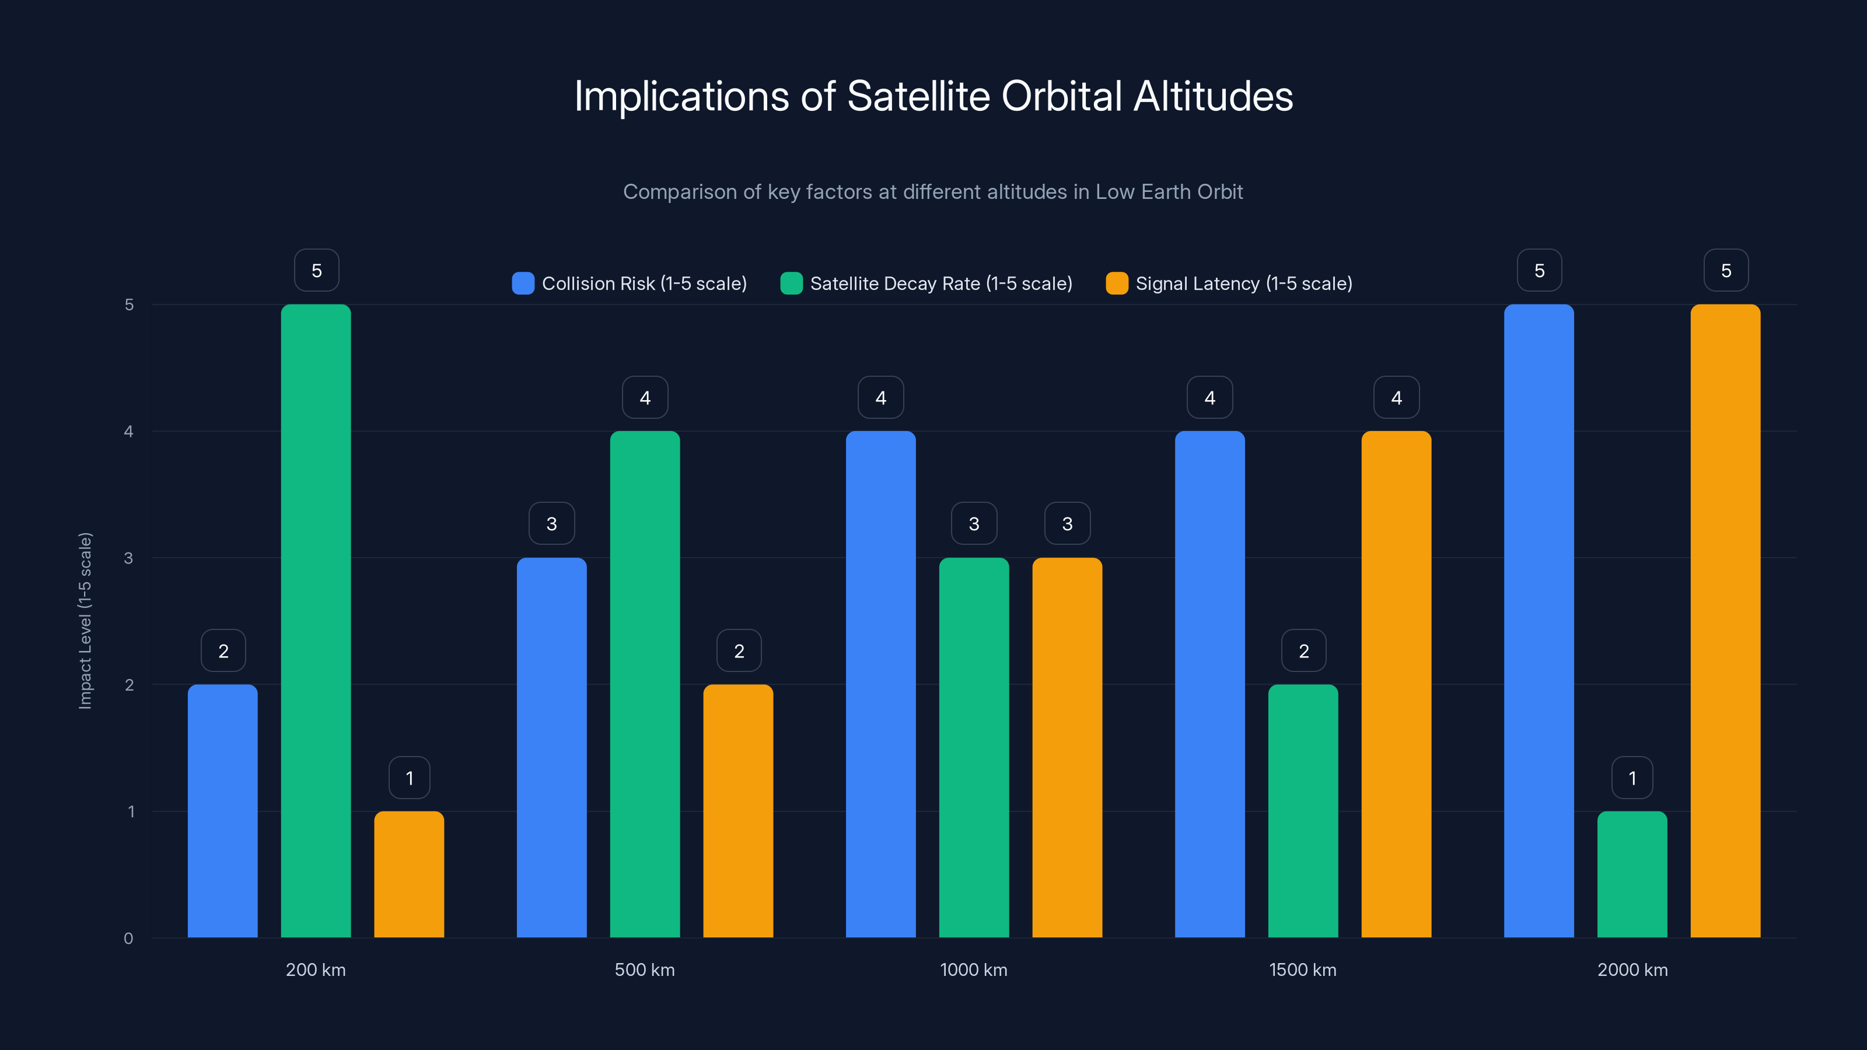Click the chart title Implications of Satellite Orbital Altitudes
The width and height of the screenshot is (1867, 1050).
click(x=934, y=96)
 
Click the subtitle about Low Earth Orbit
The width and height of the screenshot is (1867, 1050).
click(x=933, y=192)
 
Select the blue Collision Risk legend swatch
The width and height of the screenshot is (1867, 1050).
click(x=523, y=283)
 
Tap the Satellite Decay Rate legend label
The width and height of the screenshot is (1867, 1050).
click(x=941, y=283)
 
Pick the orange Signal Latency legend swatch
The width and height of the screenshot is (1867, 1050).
click(x=1117, y=283)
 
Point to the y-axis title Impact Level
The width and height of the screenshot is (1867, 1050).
click(x=86, y=621)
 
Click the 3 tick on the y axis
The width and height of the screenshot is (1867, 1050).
click(x=129, y=558)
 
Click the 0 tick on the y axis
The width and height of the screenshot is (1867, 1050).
click(x=129, y=939)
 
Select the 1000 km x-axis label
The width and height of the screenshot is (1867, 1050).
click(x=973, y=970)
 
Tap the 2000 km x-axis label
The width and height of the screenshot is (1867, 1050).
click(x=1632, y=970)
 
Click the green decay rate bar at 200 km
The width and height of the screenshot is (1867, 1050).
click(x=316, y=621)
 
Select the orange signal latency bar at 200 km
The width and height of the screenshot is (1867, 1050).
click(x=409, y=874)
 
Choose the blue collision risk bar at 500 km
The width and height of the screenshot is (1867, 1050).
click(x=551, y=748)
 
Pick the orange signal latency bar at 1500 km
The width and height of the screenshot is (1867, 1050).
click(x=1396, y=685)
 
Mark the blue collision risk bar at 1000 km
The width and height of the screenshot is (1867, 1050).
click(x=880, y=685)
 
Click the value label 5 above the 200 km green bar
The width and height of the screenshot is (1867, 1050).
click(x=317, y=270)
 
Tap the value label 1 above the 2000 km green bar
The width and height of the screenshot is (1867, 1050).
click(x=1632, y=778)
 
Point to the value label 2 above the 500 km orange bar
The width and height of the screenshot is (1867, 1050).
click(x=739, y=651)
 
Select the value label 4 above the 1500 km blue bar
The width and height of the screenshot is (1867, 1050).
click(x=1209, y=397)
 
